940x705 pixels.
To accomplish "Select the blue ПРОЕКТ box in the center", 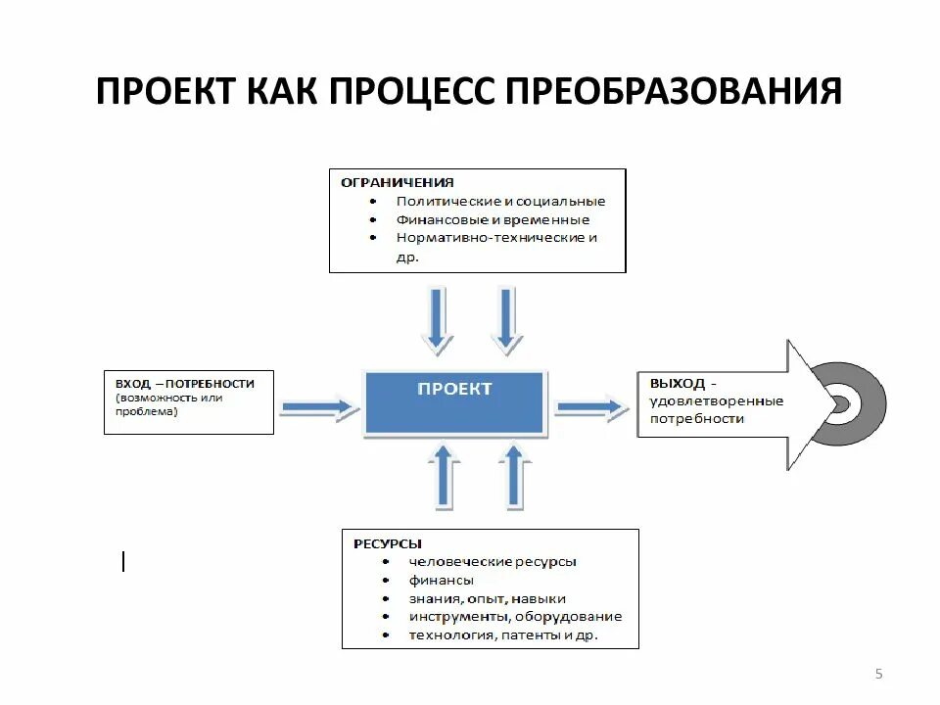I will coord(454,401).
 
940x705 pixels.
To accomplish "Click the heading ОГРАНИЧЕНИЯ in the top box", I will coord(397,182).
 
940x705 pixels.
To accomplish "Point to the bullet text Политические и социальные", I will coord(500,202).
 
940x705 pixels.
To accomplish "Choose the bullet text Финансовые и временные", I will coord(493,220).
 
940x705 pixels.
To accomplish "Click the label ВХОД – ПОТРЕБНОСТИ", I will coord(184,384).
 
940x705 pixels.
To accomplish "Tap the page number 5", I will coord(878,673).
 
